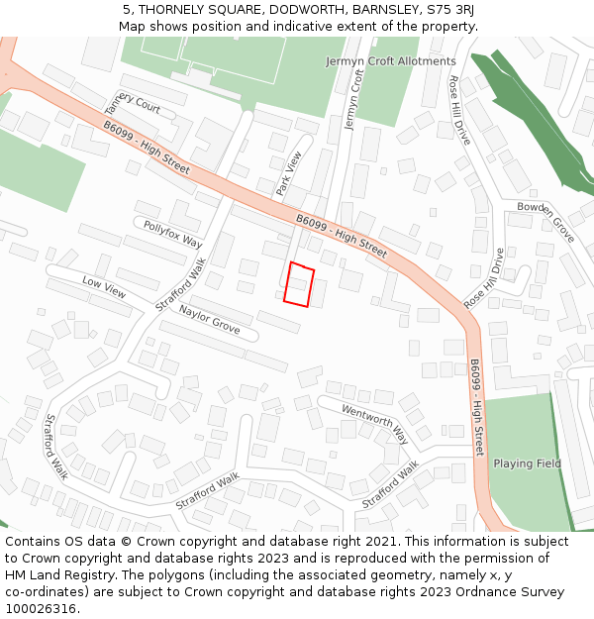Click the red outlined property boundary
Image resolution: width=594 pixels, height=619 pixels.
(299, 284)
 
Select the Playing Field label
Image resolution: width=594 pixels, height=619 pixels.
(527, 464)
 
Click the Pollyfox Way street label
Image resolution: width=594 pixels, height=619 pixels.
(172, 235)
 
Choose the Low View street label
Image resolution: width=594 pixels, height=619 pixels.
(104, 287)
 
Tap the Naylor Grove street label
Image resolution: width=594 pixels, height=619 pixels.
(209, 320)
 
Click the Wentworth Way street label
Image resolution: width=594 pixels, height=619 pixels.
(374, 423)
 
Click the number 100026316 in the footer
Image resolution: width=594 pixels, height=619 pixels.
(42, 608)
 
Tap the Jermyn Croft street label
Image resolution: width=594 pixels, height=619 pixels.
(353, 100)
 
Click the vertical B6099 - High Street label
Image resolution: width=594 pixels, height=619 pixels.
(478, 407)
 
